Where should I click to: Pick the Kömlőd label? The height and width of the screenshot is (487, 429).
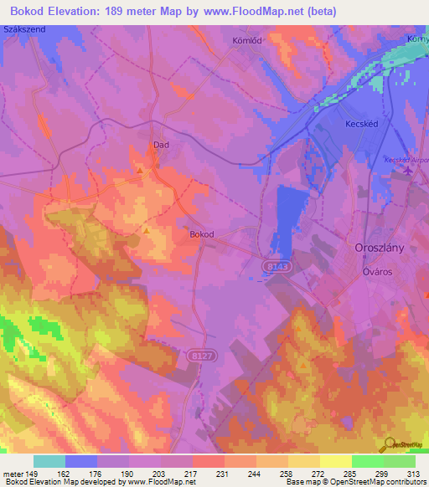[x=247, y=40]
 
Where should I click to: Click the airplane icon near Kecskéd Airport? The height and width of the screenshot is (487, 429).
[x=408, y=172]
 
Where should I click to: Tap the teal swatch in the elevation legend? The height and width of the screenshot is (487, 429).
[x=49, y=461]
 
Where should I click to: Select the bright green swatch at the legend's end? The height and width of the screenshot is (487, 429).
[x=399, y=461]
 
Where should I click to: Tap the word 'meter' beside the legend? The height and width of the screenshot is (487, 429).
[x=13, y=474]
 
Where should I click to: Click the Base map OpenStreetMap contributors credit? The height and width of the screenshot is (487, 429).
[x=355, y=482]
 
